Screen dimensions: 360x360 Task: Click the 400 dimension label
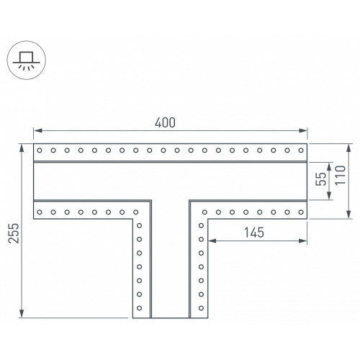(165, 122)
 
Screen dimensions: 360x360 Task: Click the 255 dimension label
(14, 233)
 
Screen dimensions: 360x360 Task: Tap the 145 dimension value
(254, 233)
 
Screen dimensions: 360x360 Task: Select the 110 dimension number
(341, 175)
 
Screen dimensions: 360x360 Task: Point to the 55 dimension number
(321, 179)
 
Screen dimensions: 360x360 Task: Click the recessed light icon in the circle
(26, 60)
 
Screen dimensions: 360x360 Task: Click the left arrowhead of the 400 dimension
(38, 130)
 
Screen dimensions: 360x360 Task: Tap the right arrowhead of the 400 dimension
(303, 130)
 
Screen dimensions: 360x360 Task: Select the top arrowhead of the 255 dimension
(22, 148)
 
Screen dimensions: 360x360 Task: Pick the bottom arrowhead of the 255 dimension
(22, 313)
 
